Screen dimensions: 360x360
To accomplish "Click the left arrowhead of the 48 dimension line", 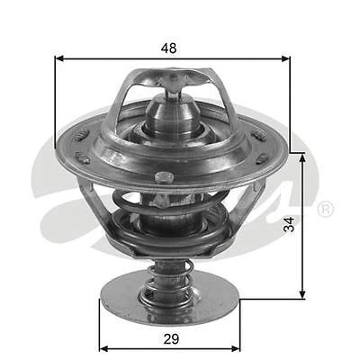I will point(60,58).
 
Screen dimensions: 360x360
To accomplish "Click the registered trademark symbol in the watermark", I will point(326,209).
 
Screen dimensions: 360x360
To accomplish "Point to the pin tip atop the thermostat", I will point(174,83).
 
